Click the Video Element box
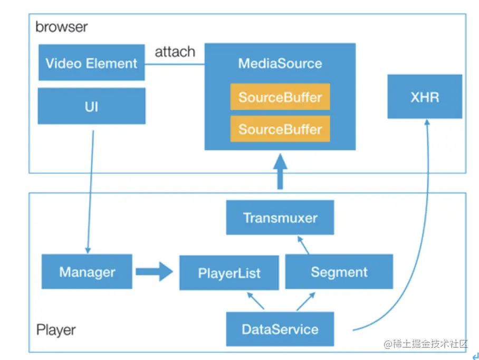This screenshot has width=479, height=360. tap(91, 63)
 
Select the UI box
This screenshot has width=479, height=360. tap(91, 106)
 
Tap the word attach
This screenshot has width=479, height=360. tap(175, 52)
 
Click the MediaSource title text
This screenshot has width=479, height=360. tap(280, 64)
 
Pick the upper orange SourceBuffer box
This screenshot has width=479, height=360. tap(280, 97)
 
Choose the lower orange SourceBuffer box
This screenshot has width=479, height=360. tap(280, 129)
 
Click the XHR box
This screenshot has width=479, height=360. tap(425, 97)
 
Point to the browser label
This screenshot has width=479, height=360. tap(61, 26)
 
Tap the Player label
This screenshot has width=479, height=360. tap(56, 330)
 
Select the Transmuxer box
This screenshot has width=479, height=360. tap(280, 217)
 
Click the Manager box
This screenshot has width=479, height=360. tap(87, 272)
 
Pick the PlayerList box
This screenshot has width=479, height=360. tap(229, 273)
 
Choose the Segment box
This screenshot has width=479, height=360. tap(339, 272)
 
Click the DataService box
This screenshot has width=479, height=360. tap(280, 329)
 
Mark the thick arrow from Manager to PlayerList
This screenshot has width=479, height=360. tap(154, 272)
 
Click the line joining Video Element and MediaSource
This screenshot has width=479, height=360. tap(175, 65)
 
